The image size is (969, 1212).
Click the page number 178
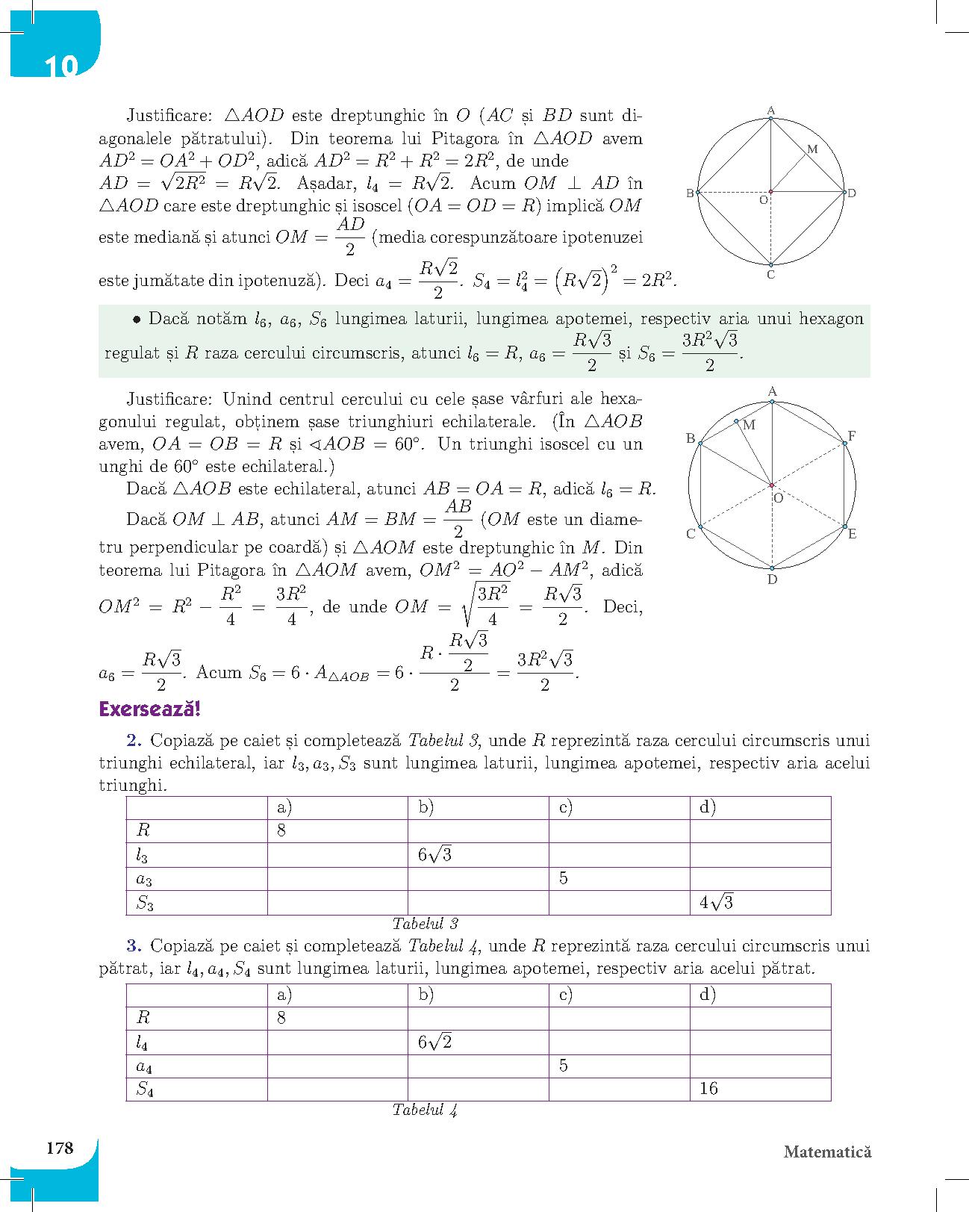coord(59,1147)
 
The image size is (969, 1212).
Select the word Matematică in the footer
coord(827,1152)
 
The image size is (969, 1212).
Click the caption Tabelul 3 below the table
coord(425,924)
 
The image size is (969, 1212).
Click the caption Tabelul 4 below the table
coord(425,1110)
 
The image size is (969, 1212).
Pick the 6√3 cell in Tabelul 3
coord(435,855)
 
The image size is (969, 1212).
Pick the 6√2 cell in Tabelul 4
coord(435,1042)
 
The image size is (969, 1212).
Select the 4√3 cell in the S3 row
coord(716,903)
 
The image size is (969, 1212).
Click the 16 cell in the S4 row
coord(708,1089)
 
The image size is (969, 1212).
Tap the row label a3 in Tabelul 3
coord(144,880)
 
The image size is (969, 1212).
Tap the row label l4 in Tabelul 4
coord(143,1042)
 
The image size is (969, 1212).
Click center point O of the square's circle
coord(771,192)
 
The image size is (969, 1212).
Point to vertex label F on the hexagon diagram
coord(851,435)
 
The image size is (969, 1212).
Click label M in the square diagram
coord(813,149)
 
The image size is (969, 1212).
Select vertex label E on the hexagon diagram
coord(852,534)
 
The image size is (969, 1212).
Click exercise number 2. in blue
coord(134,741)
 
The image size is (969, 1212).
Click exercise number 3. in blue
coord(134,946)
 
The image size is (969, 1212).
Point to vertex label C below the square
coord(770,275)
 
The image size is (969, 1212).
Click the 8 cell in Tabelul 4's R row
coord(281,1018)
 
